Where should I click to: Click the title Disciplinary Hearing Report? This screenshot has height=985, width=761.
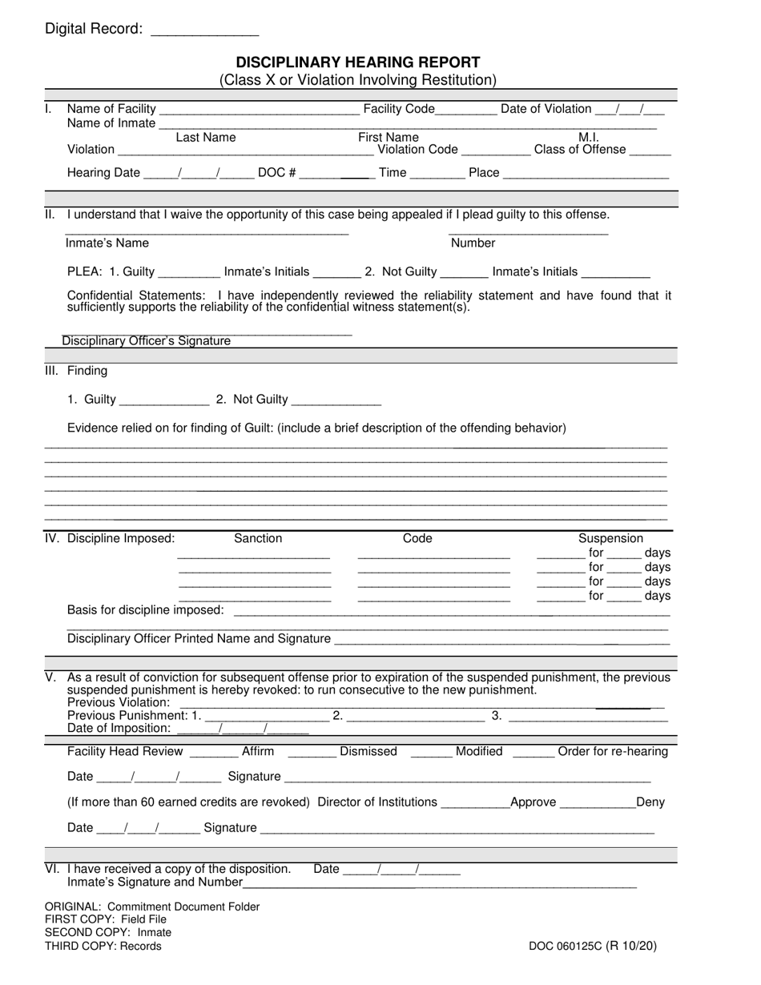[x=357, y=62]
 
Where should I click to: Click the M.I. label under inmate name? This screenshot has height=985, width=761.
[x=589, y=138]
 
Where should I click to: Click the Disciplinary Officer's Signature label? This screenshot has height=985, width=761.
[x=147, y=341]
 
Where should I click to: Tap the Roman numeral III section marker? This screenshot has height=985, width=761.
[x=50, y=371]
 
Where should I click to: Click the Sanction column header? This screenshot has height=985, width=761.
[x=257, y=539]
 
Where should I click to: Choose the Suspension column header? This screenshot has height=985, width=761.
[x=610, y=539]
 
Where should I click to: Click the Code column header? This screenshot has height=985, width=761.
[x=417, y=539]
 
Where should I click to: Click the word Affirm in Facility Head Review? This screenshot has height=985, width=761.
[x=258, y=751]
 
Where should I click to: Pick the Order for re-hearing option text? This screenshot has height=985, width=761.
[x=612, y=751]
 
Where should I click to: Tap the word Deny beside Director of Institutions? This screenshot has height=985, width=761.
[x=650, y=802]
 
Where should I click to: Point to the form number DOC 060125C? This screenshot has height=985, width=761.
[x=592, y=946]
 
